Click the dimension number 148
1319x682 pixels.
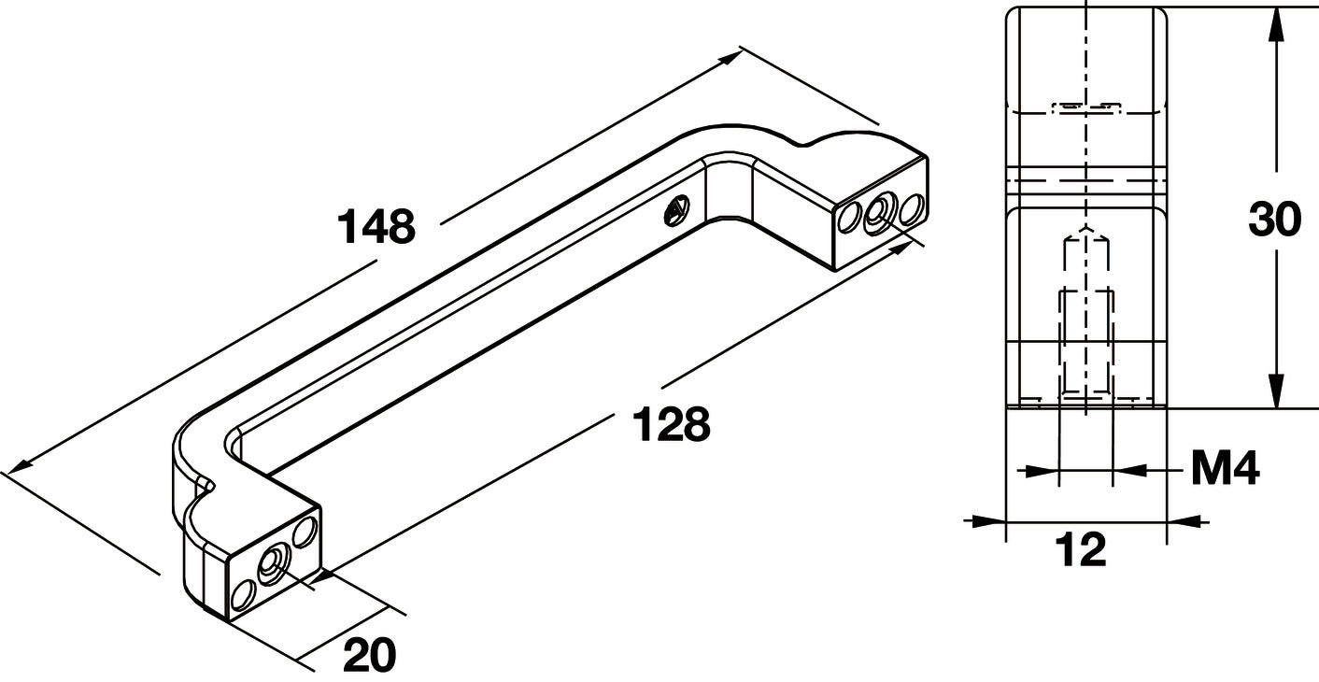point(376,226)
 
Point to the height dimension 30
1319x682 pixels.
point(1274,219)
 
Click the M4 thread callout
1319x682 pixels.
point(1226,468)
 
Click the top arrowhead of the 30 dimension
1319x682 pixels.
point(1275,24)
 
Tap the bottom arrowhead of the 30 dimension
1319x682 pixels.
point(1275,390)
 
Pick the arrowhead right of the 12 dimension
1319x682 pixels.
point(1184,520)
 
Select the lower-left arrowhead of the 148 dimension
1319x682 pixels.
point(18,465)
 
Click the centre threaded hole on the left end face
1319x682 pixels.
point(272,563)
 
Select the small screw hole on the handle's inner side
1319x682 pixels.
point(676,211)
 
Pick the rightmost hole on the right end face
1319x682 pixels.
point(912,208)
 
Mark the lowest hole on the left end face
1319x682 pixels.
point(243,595)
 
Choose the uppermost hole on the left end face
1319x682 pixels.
point(305,531)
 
